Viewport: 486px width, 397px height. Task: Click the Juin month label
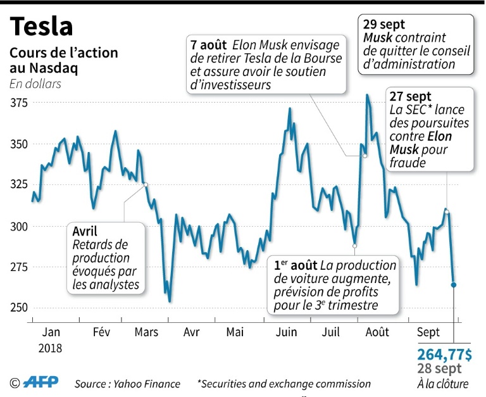(x=287, y=332)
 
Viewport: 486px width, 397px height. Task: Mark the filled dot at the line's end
(x=453, y=285)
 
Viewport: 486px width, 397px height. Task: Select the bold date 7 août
(x=209, y=46)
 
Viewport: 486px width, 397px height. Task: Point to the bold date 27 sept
(x=411, y=97)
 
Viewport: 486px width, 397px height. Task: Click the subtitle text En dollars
(x=35, y=83)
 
